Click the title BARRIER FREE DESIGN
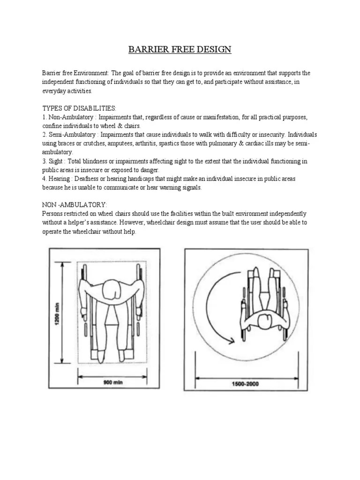point(180,50)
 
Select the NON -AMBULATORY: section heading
point(75,205)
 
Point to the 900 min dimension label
point(112,382)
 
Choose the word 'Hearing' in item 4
point(61,179)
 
